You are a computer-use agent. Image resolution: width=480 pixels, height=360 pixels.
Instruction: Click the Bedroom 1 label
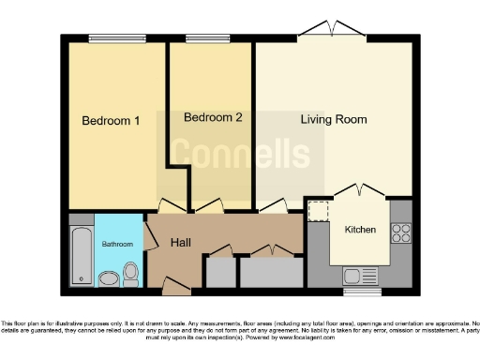(111, 121)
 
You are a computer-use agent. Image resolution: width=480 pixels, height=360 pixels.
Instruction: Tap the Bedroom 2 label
(213, 118)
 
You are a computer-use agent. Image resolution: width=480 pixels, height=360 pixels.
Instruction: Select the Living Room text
(333, 120)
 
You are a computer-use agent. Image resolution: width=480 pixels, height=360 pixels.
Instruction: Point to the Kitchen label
(360, 230)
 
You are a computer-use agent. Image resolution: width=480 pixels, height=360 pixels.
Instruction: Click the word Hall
(182, 243)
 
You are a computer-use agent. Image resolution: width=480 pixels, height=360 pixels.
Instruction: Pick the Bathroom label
(118, 245)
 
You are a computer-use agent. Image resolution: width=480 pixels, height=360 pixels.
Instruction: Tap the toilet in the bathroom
(131, 274)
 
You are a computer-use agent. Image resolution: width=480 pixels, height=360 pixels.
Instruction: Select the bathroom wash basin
(108, 278)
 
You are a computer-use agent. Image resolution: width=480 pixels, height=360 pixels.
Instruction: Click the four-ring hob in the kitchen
(403, 233)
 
